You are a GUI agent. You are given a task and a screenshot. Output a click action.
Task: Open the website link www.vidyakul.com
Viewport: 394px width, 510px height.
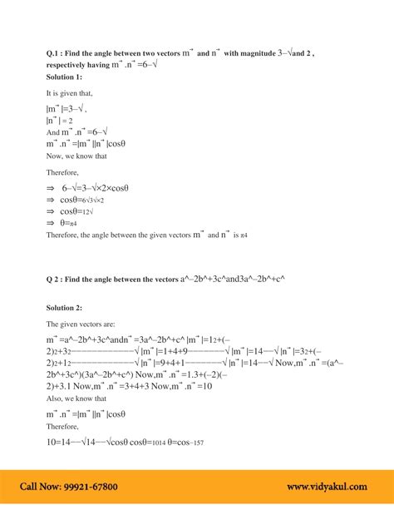(329, 486)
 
